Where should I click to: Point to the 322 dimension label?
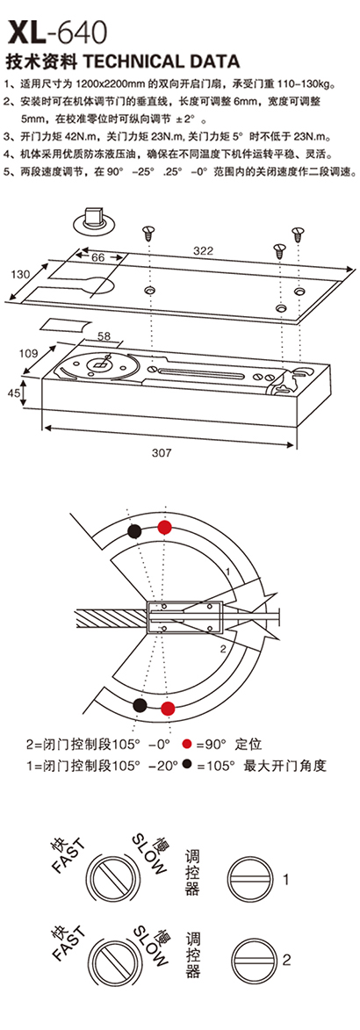point(202,249)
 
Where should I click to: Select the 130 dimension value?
point(19,275)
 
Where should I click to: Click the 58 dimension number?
point(104,336)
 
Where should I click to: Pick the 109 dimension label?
point(27,353)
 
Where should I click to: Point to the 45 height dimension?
point(12,393)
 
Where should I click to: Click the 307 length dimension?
point(161,452)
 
